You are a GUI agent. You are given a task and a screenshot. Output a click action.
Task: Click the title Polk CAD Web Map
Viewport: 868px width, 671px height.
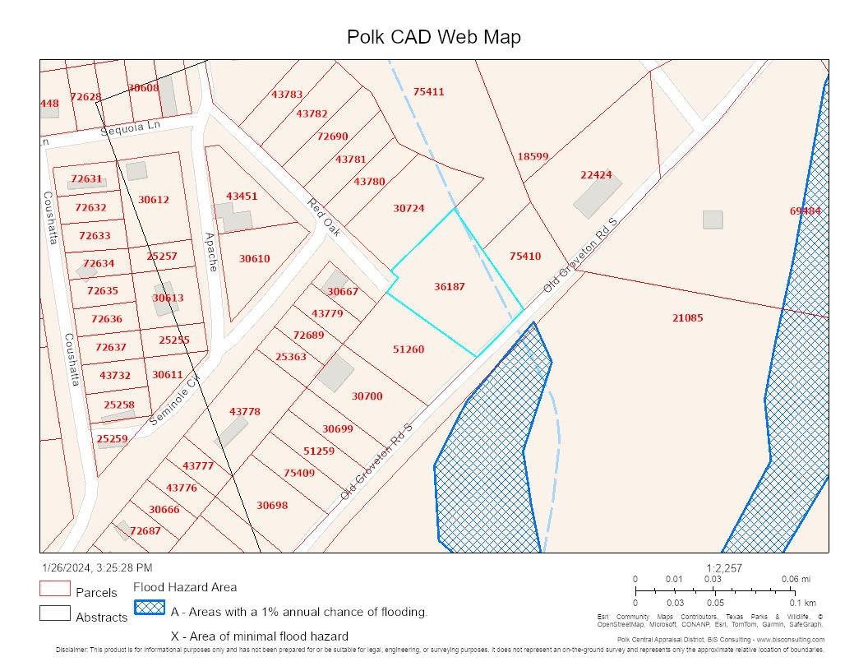coord(433,37)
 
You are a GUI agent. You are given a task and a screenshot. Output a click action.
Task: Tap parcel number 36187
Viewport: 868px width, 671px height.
coord(450,287)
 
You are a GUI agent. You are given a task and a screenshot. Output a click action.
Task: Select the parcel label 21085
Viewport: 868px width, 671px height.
coord(687,318)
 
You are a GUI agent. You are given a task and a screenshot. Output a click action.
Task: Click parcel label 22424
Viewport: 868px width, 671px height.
coord(596,175)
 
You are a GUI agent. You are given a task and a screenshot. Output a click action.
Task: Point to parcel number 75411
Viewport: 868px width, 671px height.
coord(428,92)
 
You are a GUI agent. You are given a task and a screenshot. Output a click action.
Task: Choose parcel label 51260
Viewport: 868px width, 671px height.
coord(409,349)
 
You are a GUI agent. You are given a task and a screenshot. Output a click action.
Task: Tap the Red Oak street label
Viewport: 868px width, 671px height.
coord(324,217)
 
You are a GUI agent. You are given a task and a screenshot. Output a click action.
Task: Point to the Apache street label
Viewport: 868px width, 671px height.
coord(210,252)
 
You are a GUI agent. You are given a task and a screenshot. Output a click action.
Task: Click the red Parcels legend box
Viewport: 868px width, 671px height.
coord(54,589)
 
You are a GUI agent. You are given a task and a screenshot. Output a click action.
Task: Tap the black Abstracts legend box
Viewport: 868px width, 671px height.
coord(54,613)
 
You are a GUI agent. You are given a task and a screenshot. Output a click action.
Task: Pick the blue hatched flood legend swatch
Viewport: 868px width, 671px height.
coord(150,608)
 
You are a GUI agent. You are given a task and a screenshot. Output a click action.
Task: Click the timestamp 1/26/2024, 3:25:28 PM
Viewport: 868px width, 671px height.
coord(97,568)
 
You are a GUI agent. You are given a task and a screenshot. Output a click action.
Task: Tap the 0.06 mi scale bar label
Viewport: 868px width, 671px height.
coord(795,580)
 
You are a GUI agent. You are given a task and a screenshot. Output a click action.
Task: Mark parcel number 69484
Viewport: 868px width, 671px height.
coord(806,211)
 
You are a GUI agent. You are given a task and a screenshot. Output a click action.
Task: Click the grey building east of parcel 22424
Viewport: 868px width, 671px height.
coord(713,220)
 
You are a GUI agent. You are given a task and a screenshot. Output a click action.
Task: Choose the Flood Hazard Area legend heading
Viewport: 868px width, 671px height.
coord(185,587)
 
